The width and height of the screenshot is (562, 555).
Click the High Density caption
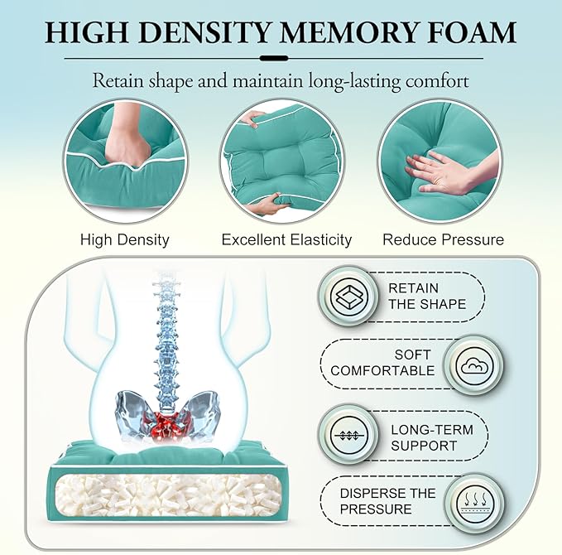tap(125, 239)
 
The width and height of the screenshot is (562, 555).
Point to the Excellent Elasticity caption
tap(286, 239)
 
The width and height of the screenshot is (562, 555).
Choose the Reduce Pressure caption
tap(444, 239)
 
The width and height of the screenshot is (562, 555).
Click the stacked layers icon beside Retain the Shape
tap(348, 297)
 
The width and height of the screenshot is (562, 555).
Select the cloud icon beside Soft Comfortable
tap(474, 366)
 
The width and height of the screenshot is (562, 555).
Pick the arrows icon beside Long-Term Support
tap(348, 436)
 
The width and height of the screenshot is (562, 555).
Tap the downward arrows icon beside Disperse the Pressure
tap(474, 502)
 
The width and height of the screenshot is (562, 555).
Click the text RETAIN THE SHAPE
tap(427, 297)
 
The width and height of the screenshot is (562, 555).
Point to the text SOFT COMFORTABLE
tap(382, 363)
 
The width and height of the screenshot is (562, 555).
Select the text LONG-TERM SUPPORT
tap(432, 437)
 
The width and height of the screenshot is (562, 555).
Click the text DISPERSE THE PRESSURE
tap(387, 501)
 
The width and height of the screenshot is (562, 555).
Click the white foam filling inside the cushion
tap(169, 497)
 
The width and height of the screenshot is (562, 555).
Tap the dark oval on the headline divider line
tap(274, 58)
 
